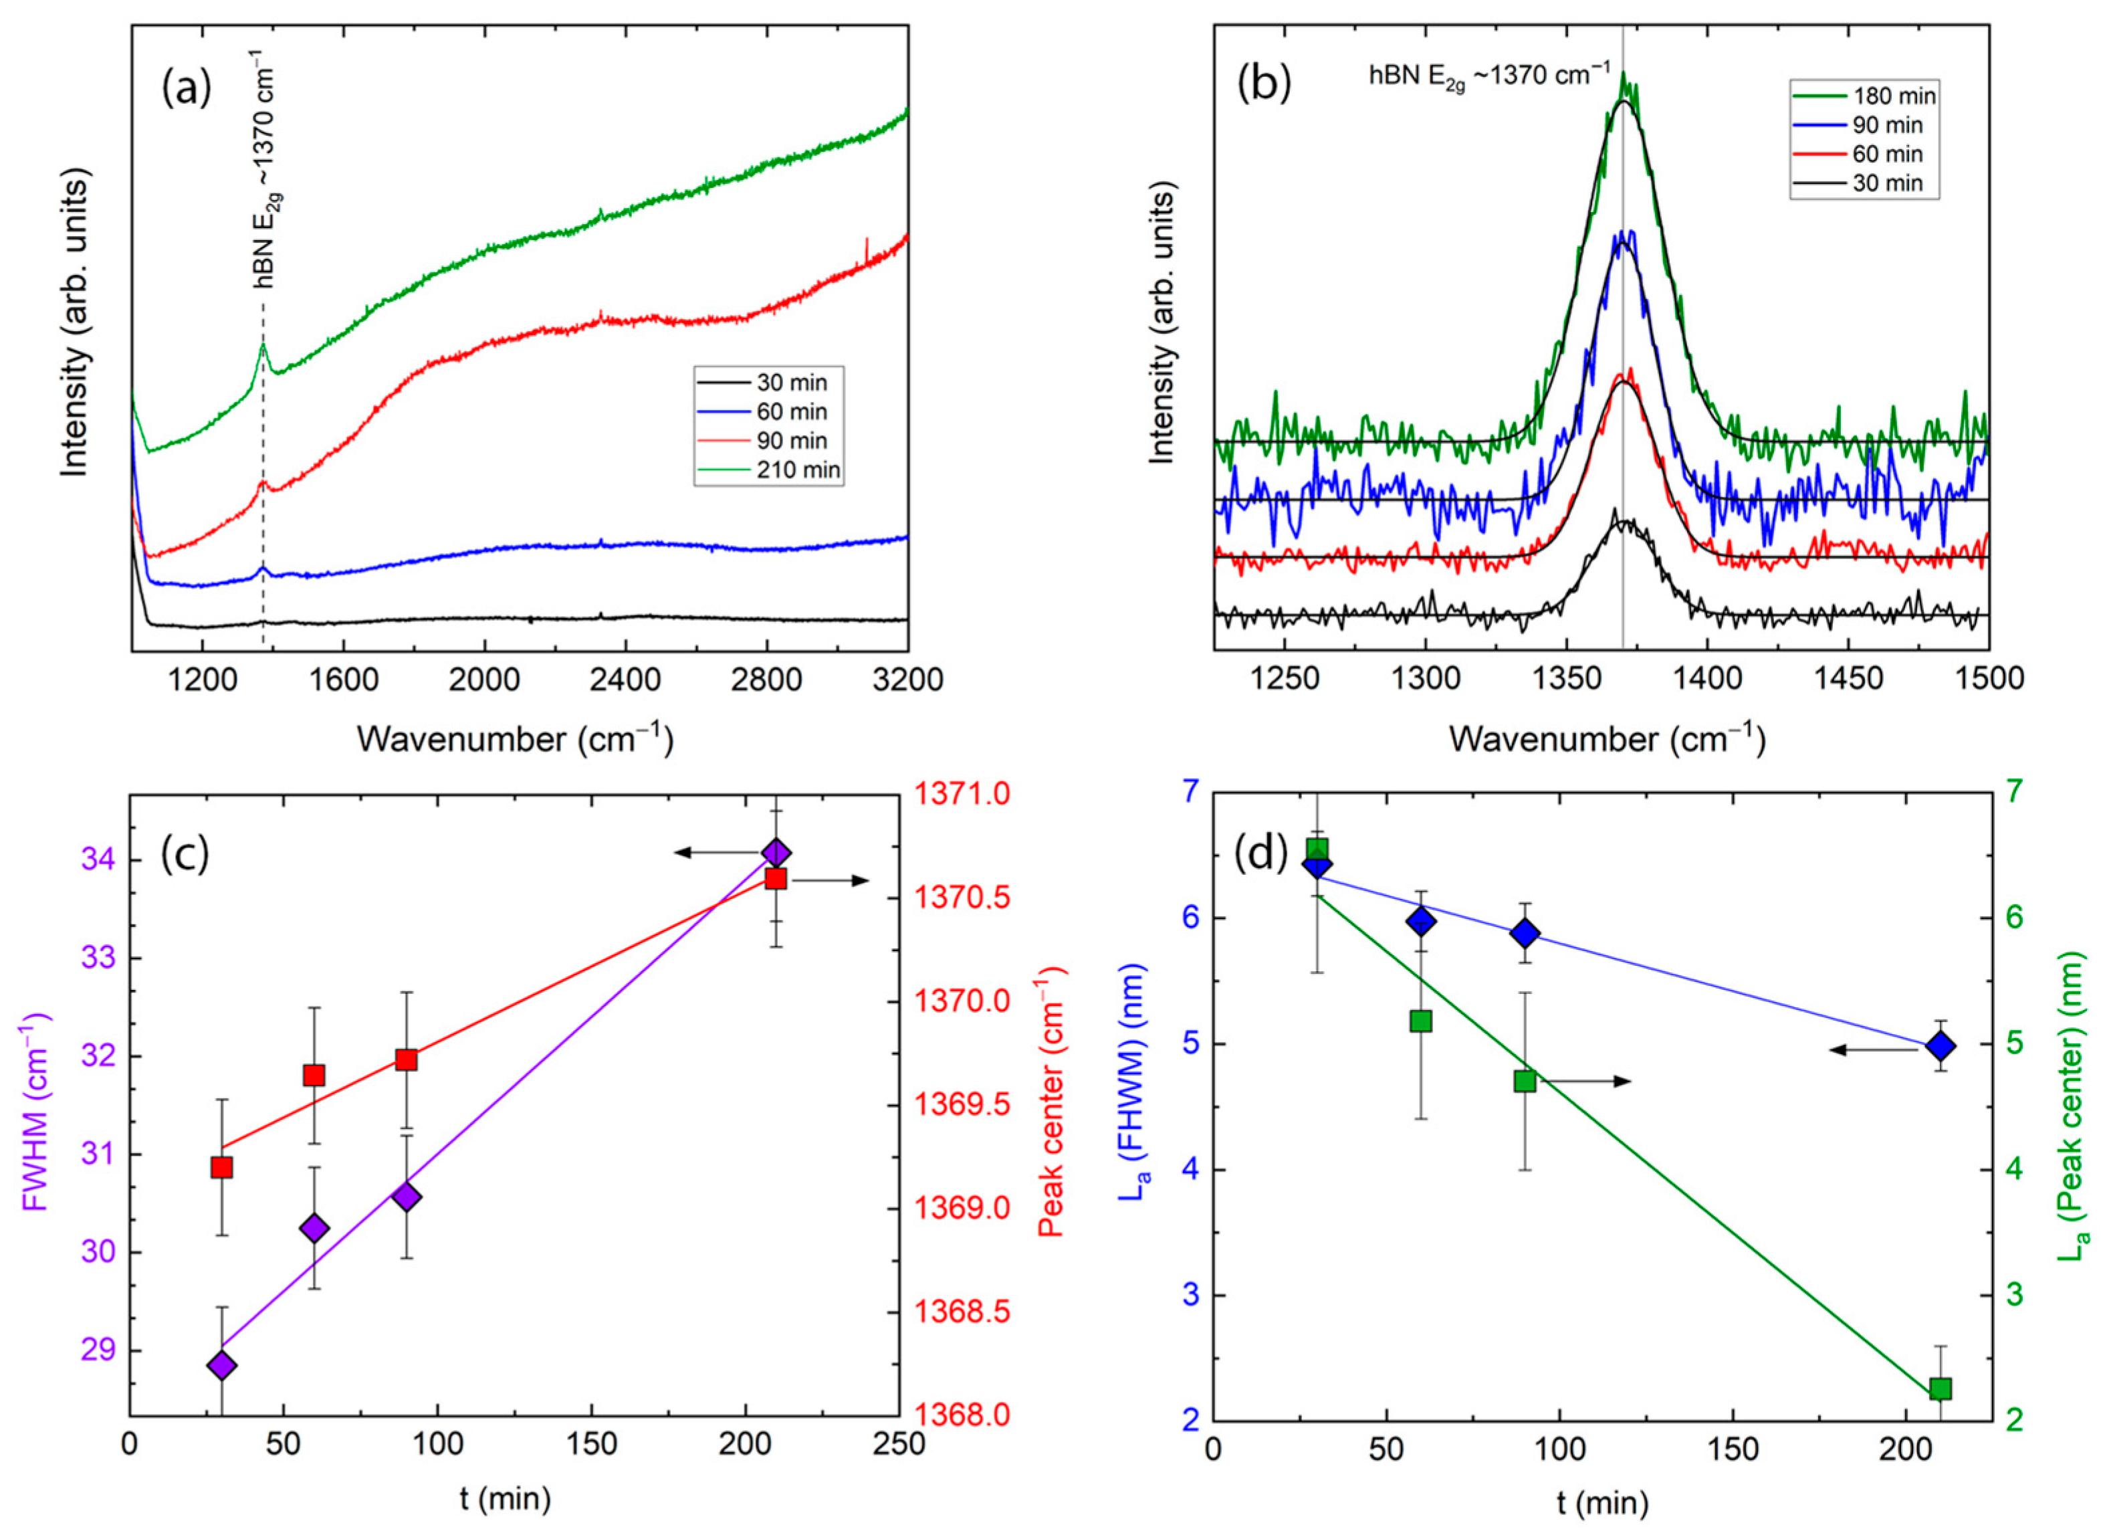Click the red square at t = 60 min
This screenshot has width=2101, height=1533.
pyautogui.click(x=314, y=1076)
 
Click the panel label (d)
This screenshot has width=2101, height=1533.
pyautogui.click(x=1269, y=851)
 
